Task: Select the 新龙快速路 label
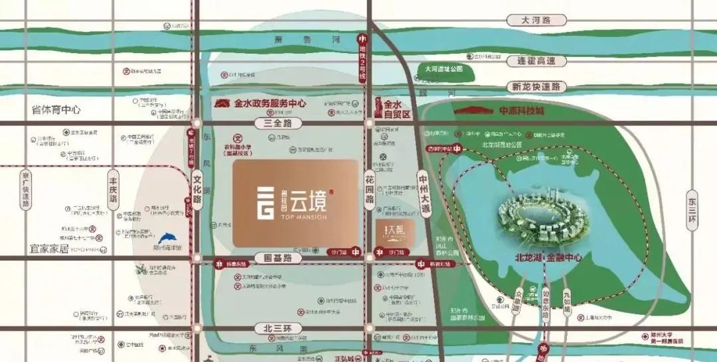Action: pos(536,87)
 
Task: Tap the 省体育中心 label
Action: pos(56,109)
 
